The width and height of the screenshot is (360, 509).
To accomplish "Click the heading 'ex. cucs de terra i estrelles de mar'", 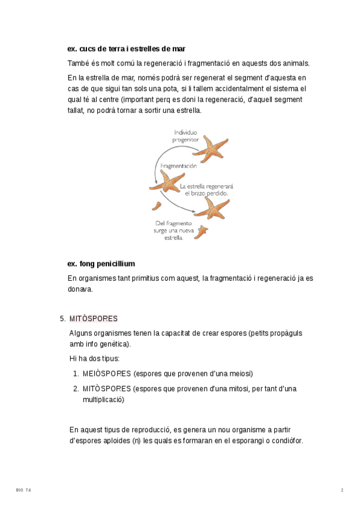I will coord(127,49).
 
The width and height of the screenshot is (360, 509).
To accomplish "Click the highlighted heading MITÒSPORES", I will coord(94,318).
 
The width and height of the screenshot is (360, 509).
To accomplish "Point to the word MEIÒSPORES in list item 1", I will coord(107,373).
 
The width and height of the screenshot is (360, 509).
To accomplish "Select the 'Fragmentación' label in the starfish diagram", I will coord(178,166).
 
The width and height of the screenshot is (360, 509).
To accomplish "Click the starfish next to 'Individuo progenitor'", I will coord(211,148).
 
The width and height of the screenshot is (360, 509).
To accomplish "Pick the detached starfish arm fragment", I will coord(157,206).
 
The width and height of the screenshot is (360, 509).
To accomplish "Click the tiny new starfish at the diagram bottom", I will coord(202,230).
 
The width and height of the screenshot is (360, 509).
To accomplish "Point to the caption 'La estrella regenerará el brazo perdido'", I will coord(207,190).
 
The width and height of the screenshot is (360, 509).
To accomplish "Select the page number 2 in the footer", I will coord(342,490).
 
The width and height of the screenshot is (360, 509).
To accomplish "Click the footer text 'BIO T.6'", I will coord(23,490).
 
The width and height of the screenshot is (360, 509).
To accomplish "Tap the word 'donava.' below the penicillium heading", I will coord(80,289).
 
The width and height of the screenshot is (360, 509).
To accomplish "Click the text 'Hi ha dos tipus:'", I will coord(95,358).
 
